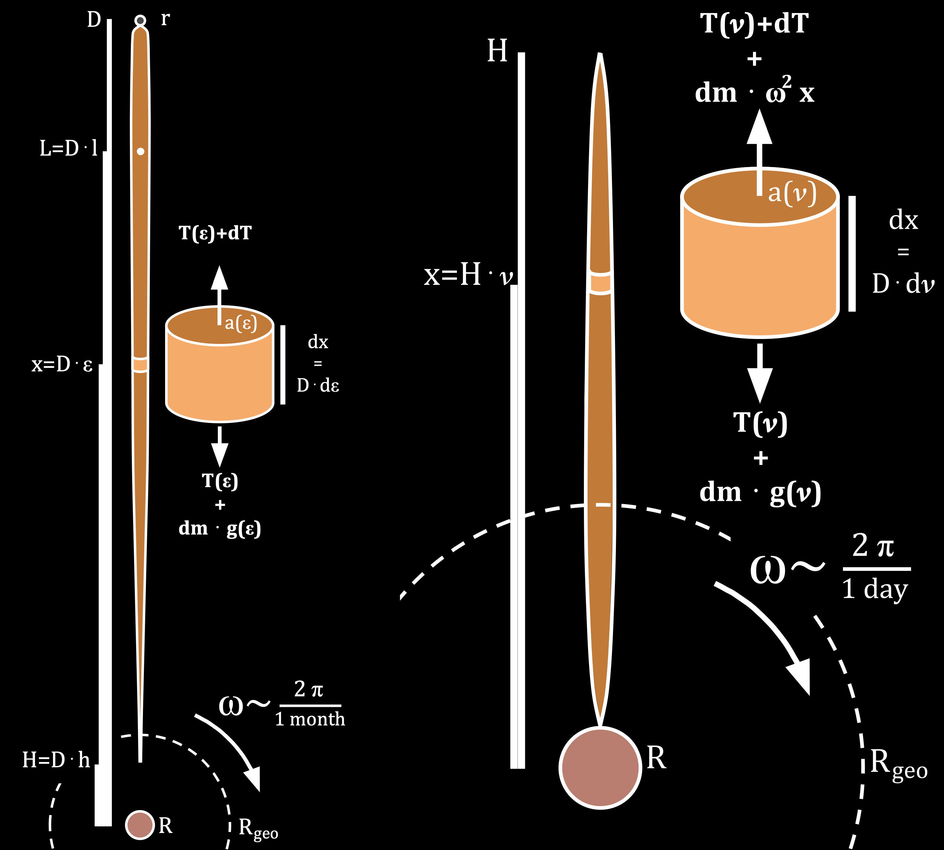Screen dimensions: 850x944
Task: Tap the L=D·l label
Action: tap(69, 148)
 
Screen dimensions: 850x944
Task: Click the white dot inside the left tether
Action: tap(140, 151)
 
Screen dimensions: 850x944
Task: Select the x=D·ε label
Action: tap(62, 364)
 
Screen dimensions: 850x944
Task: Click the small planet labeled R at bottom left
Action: tap(140, 825)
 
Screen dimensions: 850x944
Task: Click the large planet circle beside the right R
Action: tap(600, 767)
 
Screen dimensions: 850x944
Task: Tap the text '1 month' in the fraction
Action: tap(310, 719)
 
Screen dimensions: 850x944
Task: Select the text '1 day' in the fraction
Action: tap(875, 589)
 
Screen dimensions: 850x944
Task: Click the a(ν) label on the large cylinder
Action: tap(792, 193)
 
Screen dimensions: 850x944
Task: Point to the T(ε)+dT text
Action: tap(216, 232)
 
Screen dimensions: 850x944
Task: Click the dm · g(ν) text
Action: tap(760, 493)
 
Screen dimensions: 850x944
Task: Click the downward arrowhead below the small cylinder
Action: tap(219, 454)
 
